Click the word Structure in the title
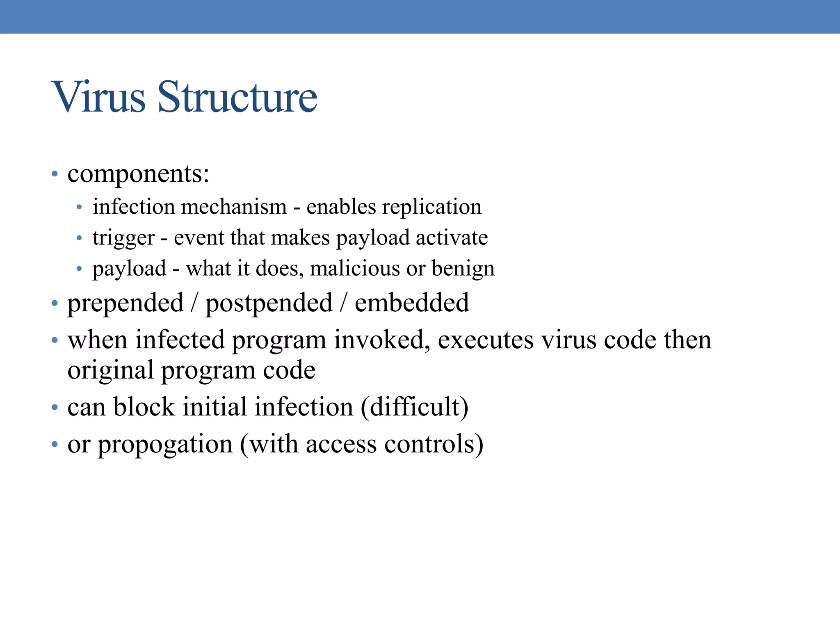237,97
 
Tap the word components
138,174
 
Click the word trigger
123,238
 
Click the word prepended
125,304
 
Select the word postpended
269,304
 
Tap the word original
110,371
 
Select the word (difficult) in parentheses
414,407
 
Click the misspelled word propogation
165,445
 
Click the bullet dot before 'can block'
55,408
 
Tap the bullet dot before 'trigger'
79,238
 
